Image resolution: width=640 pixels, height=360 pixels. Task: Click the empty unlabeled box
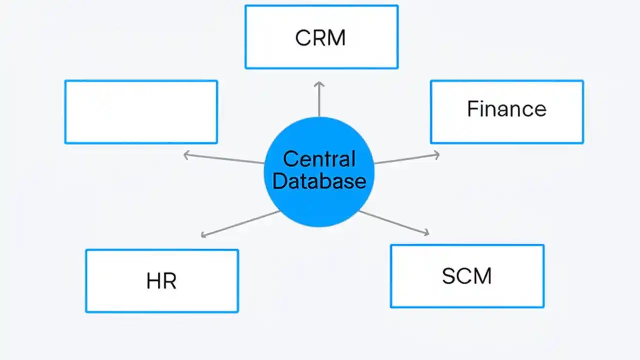(x=141, y=112)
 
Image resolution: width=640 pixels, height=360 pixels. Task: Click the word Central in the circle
(x=319, y=159)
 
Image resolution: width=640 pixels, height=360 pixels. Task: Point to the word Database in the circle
(x=319, y=181)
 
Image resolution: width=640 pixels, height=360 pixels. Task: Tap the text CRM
(x=320, y=38)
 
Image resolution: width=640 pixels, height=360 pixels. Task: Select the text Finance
(x=506, y=109)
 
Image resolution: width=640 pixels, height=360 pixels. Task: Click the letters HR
(x=161, y=281)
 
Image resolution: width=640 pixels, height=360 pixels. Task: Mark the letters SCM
(x=466, y=276)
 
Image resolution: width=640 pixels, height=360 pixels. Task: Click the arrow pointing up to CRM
(x=319, y=100)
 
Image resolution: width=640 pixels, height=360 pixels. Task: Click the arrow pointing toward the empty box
(x=225, y=159)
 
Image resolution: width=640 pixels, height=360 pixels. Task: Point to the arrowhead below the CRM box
(x=319, y=85)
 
